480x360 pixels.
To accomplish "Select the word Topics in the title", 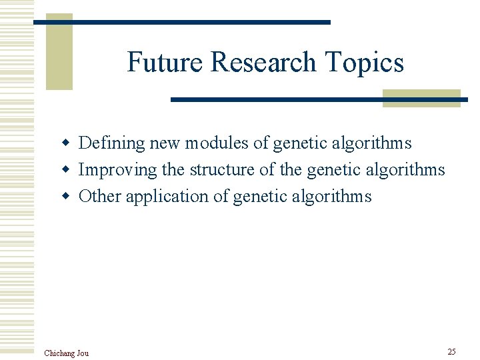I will click(x=365, y=63).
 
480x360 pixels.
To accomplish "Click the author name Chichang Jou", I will click(x=66, y=353).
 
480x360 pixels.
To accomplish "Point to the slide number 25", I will click(x=451, y=351).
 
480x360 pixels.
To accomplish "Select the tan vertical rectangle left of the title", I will click(x=59, y=52).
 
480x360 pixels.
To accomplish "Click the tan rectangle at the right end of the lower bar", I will click(x=421, y=98).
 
